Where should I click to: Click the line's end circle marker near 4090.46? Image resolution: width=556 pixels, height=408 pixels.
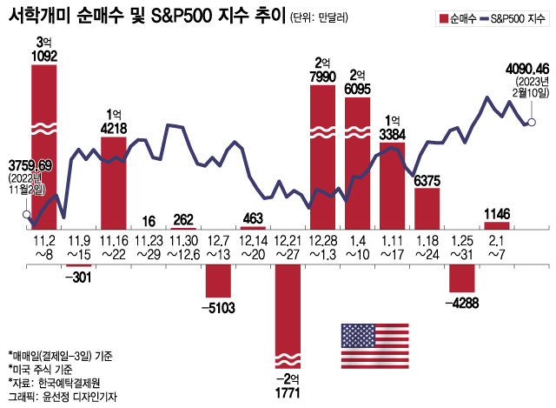(x=532, y=122)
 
